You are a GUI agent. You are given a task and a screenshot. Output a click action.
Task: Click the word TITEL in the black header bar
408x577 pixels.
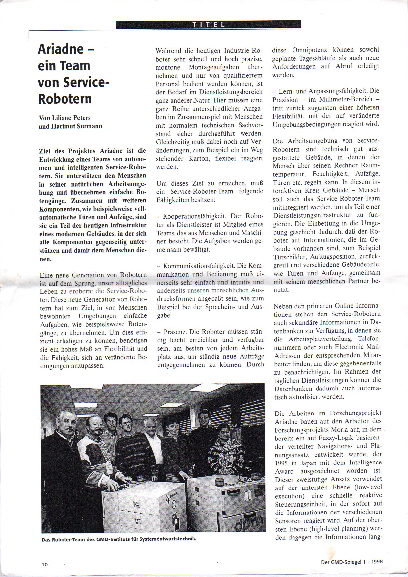pos(209,24)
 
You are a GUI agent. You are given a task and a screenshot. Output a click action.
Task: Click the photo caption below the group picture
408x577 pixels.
pos(119,539)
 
